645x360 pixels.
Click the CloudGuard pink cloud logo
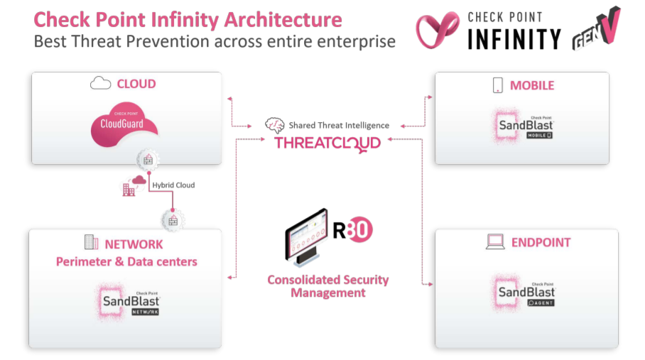124,124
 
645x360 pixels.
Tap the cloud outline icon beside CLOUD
100,83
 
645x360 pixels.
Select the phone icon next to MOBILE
498,85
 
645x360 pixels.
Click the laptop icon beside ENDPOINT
495,241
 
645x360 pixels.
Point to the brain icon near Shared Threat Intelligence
274,125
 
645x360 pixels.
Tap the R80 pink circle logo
359,230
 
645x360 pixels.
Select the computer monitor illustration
306,236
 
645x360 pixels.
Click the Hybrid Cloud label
173,185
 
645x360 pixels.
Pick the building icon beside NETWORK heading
91,242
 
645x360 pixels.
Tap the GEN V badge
596,29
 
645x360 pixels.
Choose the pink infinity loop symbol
438,30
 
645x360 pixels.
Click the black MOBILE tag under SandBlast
539,135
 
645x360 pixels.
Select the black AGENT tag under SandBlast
541,303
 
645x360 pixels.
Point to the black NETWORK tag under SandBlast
145,312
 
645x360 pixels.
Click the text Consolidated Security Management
328,286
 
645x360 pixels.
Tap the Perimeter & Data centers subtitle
126,262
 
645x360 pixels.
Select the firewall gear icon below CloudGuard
148,160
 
